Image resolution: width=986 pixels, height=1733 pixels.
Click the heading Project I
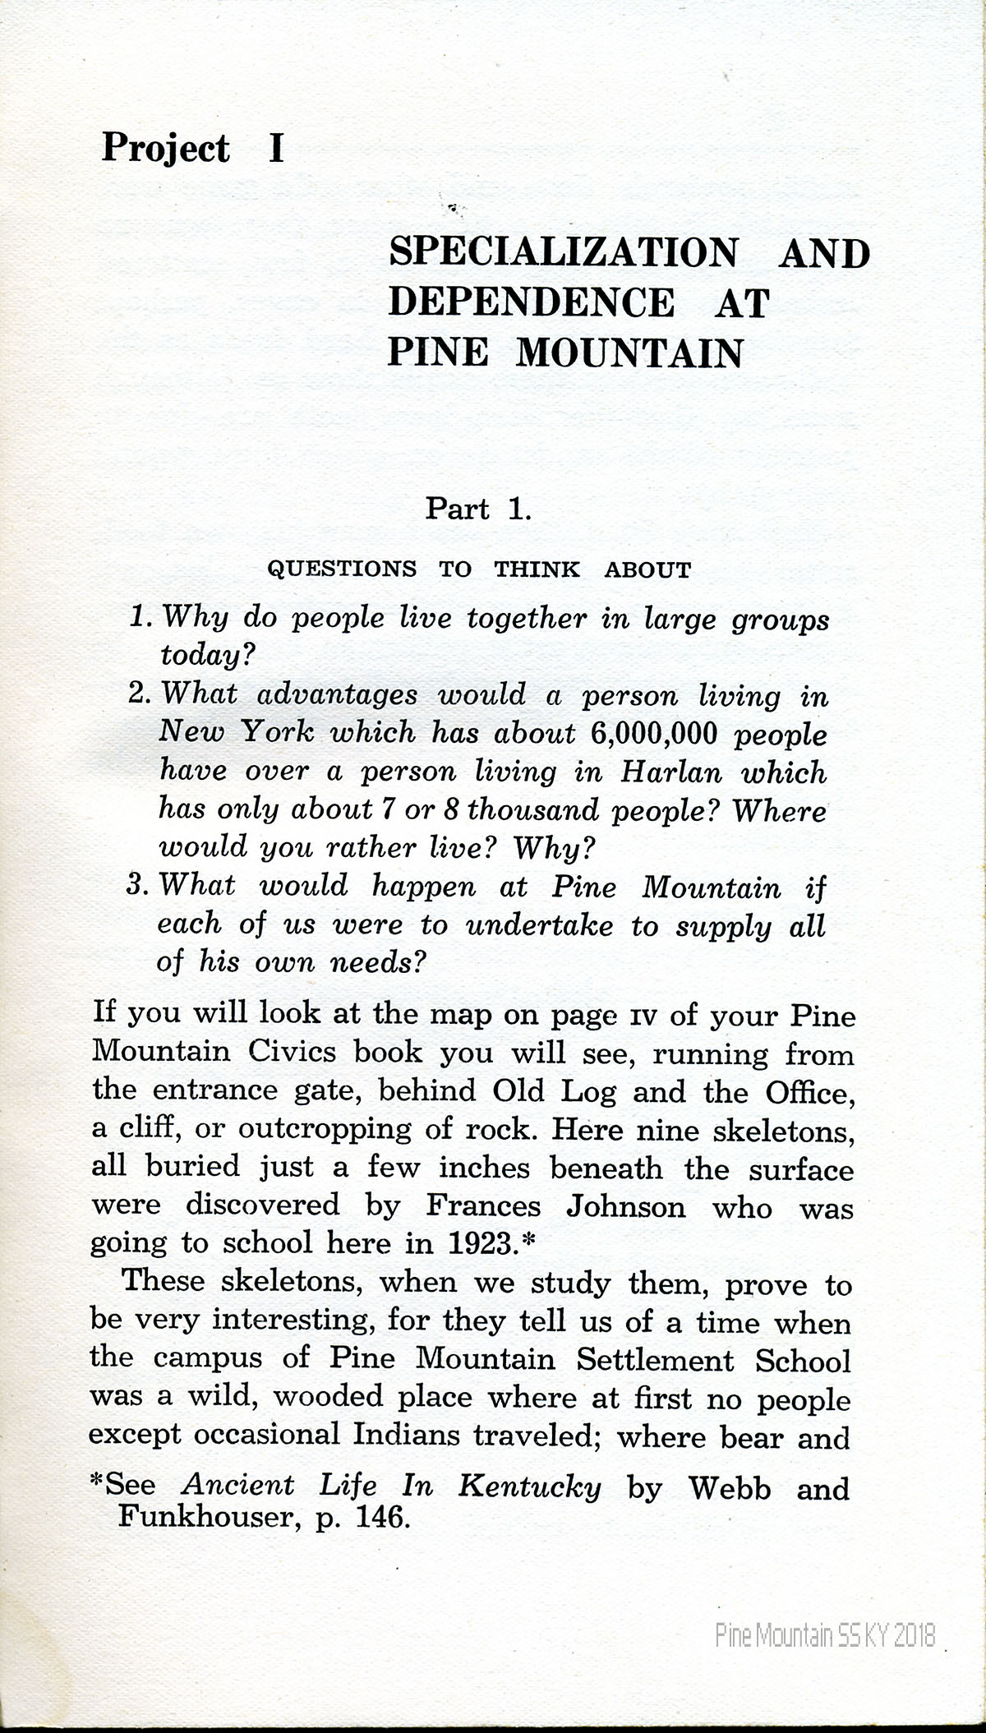[192, 150]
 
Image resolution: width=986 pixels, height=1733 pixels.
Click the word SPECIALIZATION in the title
[563, 252]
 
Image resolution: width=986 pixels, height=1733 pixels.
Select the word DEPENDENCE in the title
[531, 302]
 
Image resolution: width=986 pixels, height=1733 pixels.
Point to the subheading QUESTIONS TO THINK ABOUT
[480, 569]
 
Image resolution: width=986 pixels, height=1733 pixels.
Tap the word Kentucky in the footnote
[529, 1486]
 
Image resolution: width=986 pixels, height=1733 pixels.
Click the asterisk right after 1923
[528, 1241]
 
